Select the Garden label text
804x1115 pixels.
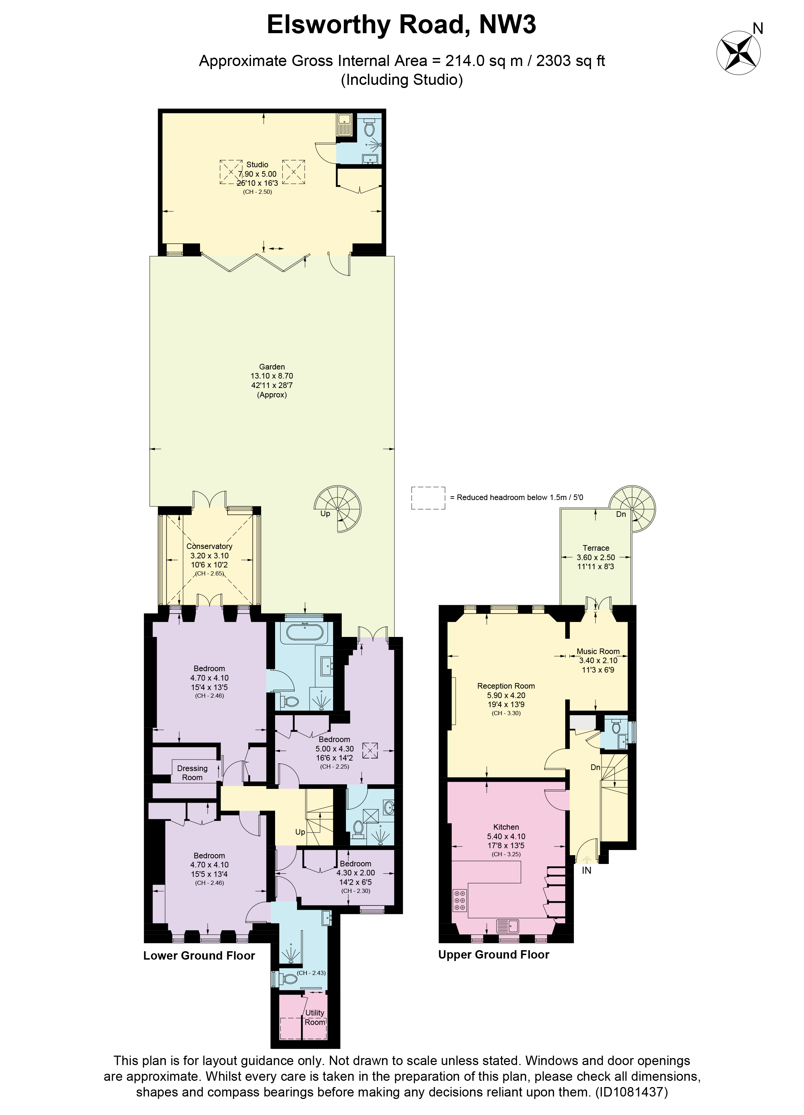pos(272,367)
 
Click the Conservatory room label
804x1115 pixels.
pos(209,546)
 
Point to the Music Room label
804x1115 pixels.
pos(598,651)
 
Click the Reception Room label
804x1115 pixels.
pos(506,686)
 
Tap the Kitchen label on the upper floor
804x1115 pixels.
pos(506,827)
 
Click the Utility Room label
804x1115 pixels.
pos(315,1018)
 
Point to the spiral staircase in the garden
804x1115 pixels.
pos(338,509)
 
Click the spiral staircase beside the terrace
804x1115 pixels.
pos(633,509)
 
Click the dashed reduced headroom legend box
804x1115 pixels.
pos(428,498)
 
